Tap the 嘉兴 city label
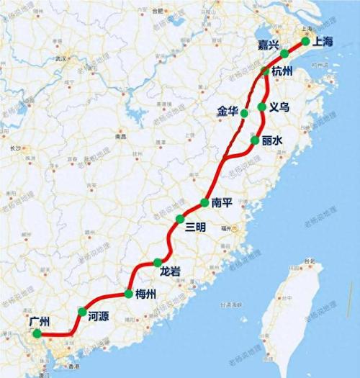[x=269, y=45]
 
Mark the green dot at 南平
[x=205, y=202]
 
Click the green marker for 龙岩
[x=157, y=263]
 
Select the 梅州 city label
[x=143, y=294]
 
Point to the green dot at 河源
[x=82, y=311]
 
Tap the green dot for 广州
[x=37, y=334]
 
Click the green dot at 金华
[x=245, y=113]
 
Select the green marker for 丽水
[x=255, y=139]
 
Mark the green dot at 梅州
[x=128, y=294]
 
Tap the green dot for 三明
[x=180, y=219]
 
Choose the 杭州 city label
[x=283, y=71]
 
